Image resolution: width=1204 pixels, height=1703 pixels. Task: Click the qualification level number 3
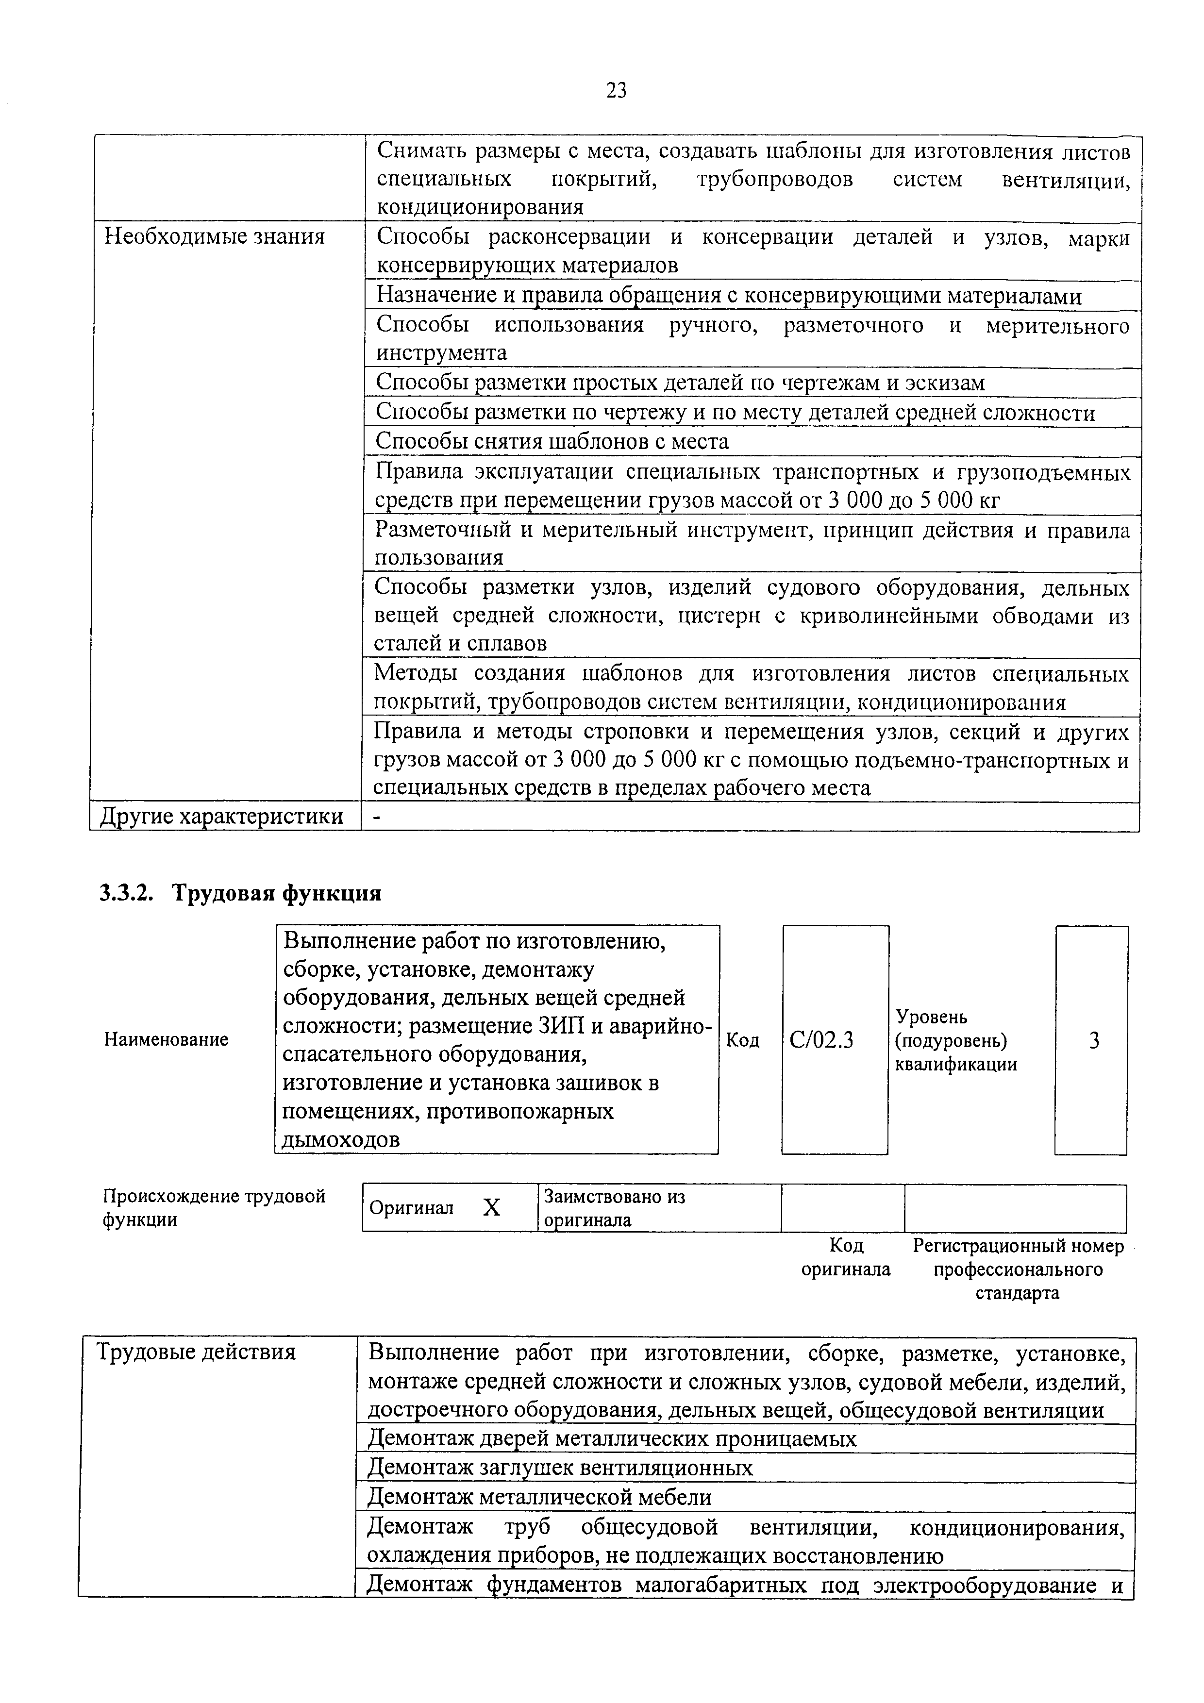click(x=1093, y=1041)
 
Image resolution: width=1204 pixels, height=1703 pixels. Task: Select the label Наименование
click(x=166, y=1039)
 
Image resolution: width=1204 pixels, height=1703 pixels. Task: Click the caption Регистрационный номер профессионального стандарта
click(x=1018, y=1269)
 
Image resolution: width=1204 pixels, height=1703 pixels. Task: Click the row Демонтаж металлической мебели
click(x=539, y=1498)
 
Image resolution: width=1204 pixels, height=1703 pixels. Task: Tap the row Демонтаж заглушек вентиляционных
click(x=560, y=1468)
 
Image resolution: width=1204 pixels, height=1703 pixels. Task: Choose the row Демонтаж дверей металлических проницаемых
click(x=612, y=1439)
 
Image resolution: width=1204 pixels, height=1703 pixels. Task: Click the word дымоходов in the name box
click(x=341, y=1139)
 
